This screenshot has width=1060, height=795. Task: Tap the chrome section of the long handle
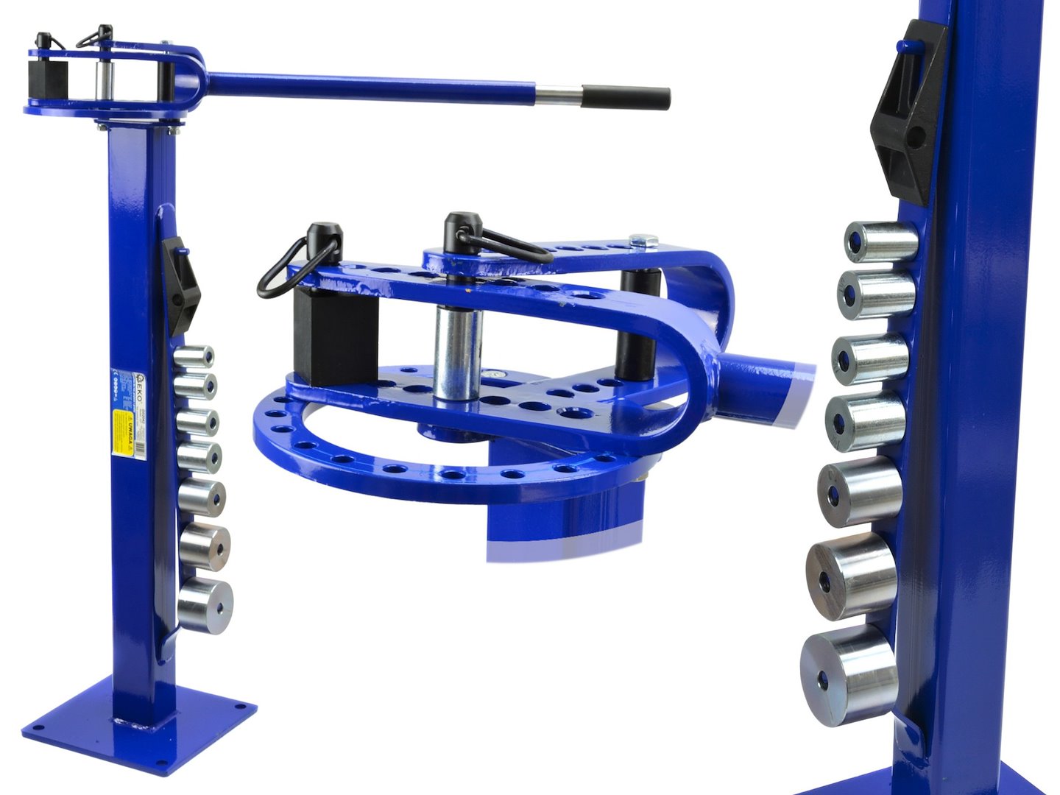click(559, 95)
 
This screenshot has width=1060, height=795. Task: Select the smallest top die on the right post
click(879, 241)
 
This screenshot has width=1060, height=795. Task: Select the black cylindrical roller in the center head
click(637, 324)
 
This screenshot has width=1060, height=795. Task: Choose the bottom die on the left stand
click(205, 605)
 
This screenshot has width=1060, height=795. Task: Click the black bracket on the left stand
click(180, 283)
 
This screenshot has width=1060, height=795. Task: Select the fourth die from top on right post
click(865, 420)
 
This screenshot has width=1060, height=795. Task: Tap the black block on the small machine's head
click(49, 77)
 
